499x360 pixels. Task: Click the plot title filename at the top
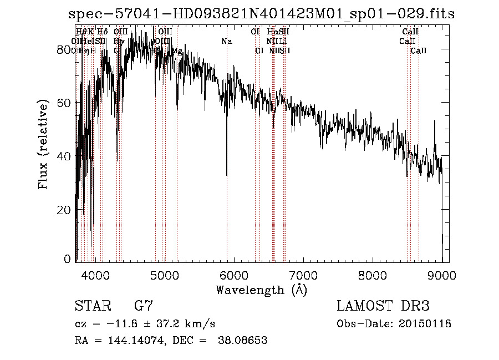pyautogui.click(x=253, y=14)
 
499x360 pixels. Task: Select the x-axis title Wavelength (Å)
pyautogui.click(x=261, y=290)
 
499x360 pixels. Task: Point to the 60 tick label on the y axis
pyautogui.click(x=65, y=103)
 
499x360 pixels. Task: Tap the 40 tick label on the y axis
pyautogui.click(x=65, y=156)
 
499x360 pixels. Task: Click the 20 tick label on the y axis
pyautogui.click(x=65, y=210)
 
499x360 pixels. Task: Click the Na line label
pyautogui.click(x=226, y=42)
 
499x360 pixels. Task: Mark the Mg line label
pyautogui.click(x=177, y=51)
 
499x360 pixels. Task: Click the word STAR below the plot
pyautogui.click(x=93, y=306)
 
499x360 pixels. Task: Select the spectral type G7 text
pyautogui.click(x=143, y=306)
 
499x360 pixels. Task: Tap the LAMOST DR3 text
pyautogui.click(x=383, y=306)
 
